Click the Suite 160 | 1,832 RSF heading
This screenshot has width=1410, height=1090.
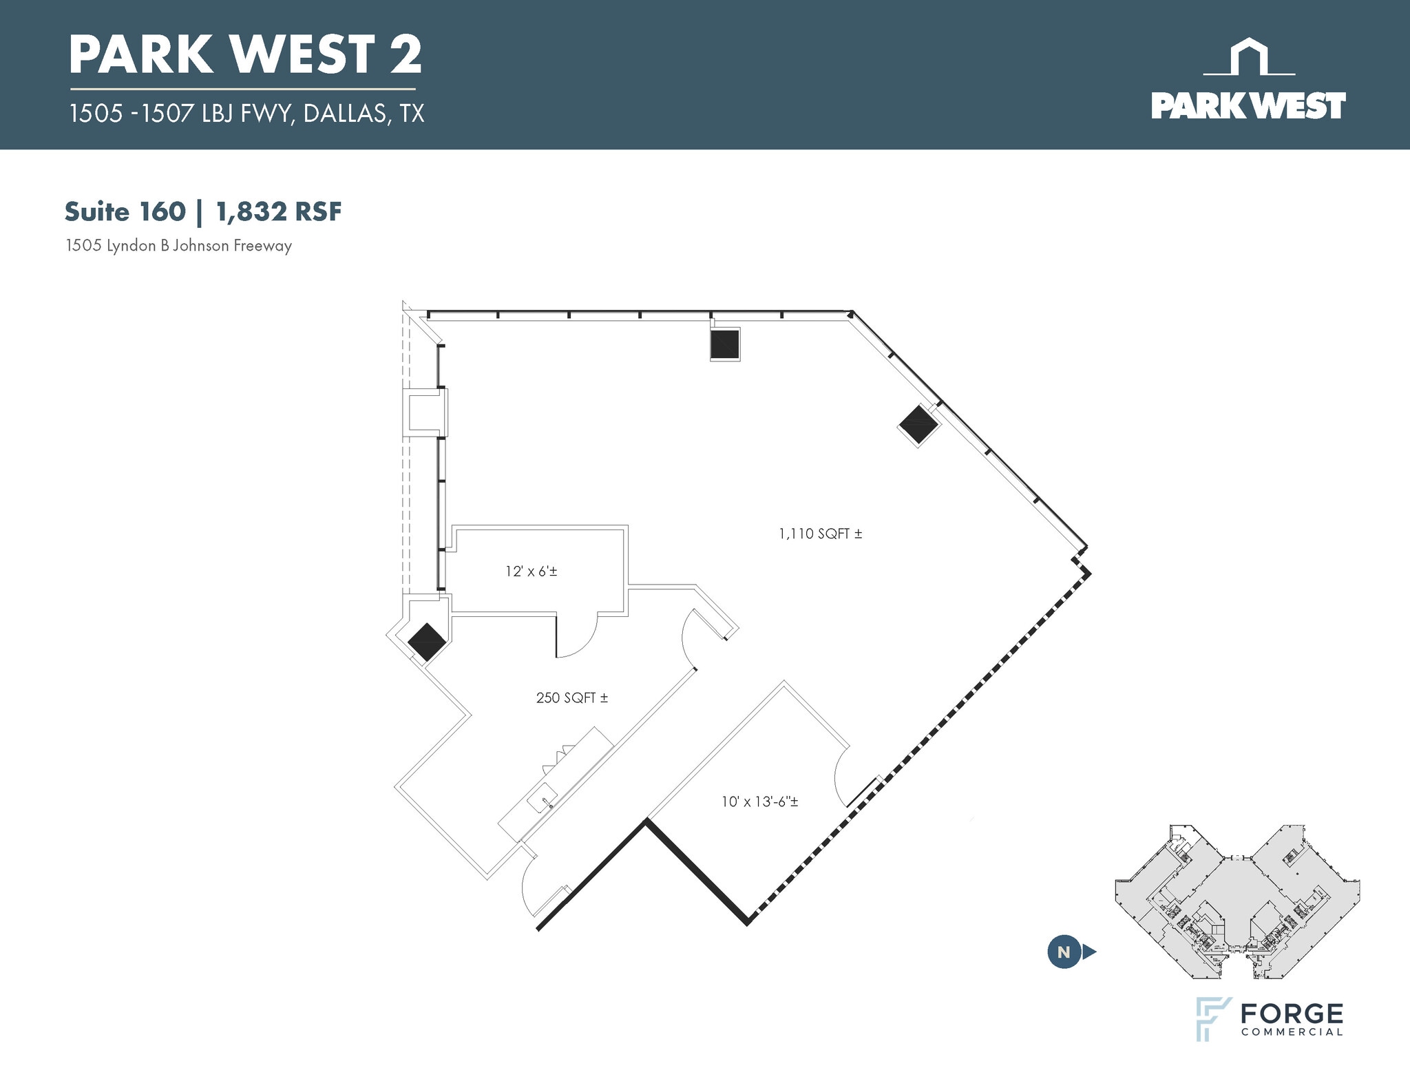(203, 212)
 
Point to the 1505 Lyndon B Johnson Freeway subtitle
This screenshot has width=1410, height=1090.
(179, 246)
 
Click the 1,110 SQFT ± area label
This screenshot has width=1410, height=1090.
(821, 534)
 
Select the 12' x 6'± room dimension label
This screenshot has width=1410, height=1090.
(531, 571)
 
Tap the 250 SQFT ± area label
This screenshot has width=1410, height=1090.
(572, 698)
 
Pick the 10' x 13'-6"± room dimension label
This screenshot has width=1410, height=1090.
(760, 801)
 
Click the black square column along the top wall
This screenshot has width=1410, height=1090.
(725, 344)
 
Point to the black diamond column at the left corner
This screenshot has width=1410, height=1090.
(427, 642)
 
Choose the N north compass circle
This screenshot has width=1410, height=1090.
(1064, 952)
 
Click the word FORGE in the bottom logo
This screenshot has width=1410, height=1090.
(1292, 1014)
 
